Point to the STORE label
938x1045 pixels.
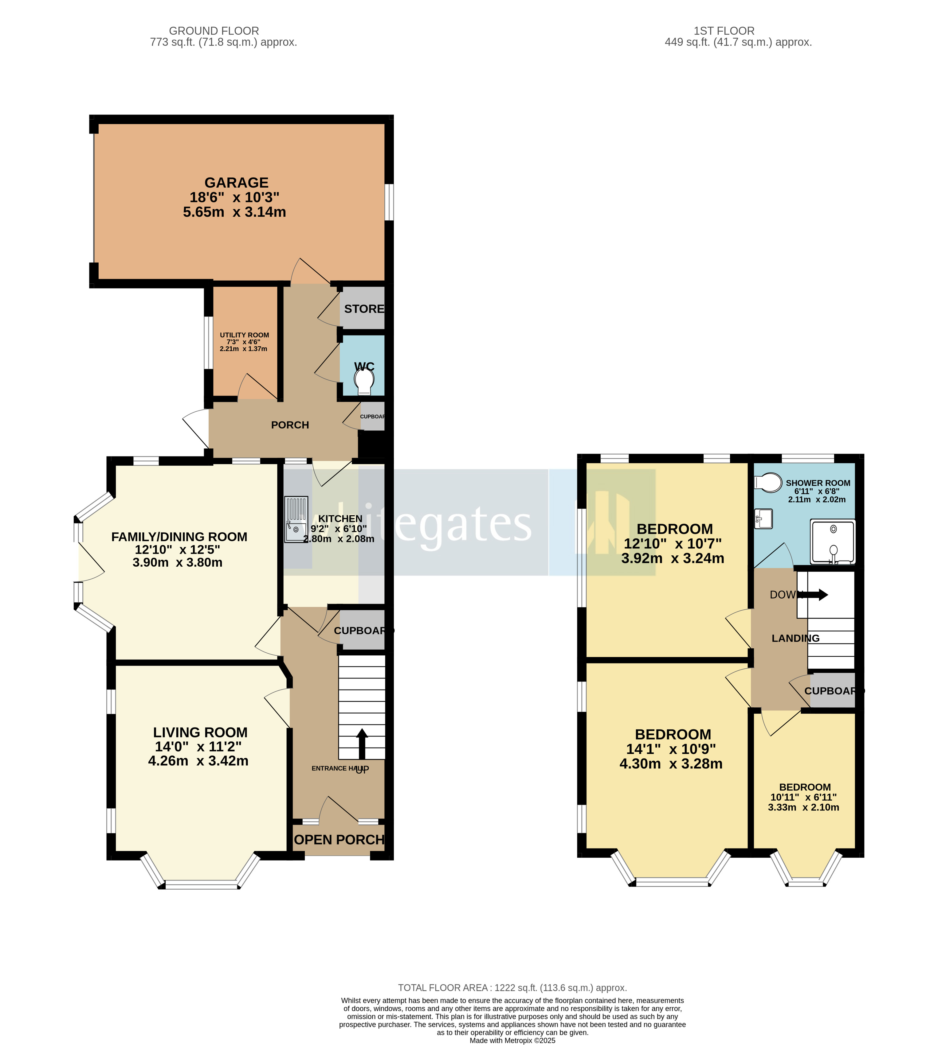364,309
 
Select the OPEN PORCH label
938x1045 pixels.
339,840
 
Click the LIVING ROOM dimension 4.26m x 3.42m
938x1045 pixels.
198,761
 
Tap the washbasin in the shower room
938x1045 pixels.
763,519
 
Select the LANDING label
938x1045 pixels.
795,639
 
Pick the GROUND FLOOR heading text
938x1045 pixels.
214,31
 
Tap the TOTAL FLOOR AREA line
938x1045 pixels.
512,988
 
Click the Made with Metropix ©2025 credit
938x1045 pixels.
512,1040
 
